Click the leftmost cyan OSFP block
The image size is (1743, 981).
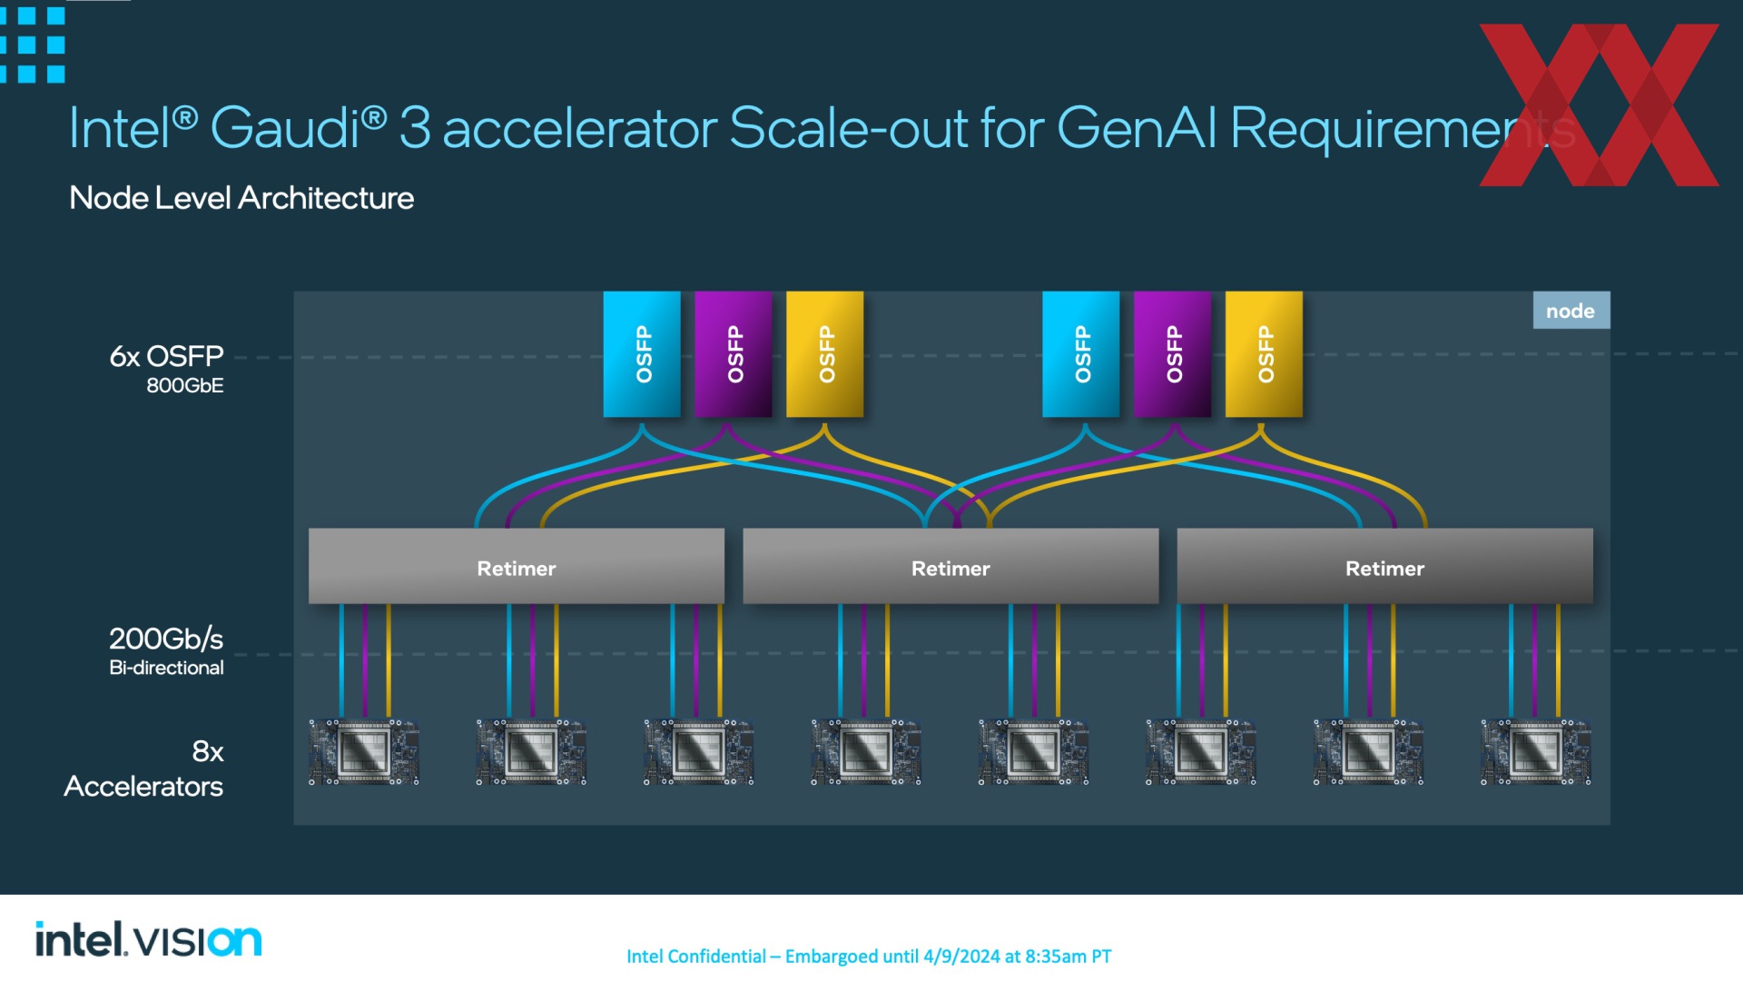[642, 354]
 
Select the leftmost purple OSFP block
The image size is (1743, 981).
[734, 354]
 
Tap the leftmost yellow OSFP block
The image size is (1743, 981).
[825, 354]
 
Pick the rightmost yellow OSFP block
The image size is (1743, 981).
[1264, 354]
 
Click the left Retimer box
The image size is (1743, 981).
[517, 566]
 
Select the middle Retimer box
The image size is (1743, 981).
[950, 566]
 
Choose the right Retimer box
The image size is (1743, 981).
[1384, 566]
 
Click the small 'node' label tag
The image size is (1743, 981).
[1571, 311]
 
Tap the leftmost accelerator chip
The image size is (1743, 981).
[364, 752]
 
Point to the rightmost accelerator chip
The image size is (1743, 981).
[1536, 752]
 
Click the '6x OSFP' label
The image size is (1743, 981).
[166, 356]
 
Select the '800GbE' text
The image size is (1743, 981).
[185, 385]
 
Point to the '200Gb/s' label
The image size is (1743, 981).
[166, 639]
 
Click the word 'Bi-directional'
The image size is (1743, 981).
[166, 668]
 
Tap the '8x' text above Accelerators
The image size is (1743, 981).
[208, 751]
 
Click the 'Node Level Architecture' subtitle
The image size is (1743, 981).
[241, 197]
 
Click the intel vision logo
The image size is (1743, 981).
[149, 939]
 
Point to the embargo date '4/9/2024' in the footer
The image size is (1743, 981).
[961, 956]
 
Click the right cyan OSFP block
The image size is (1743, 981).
[1081, 354]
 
